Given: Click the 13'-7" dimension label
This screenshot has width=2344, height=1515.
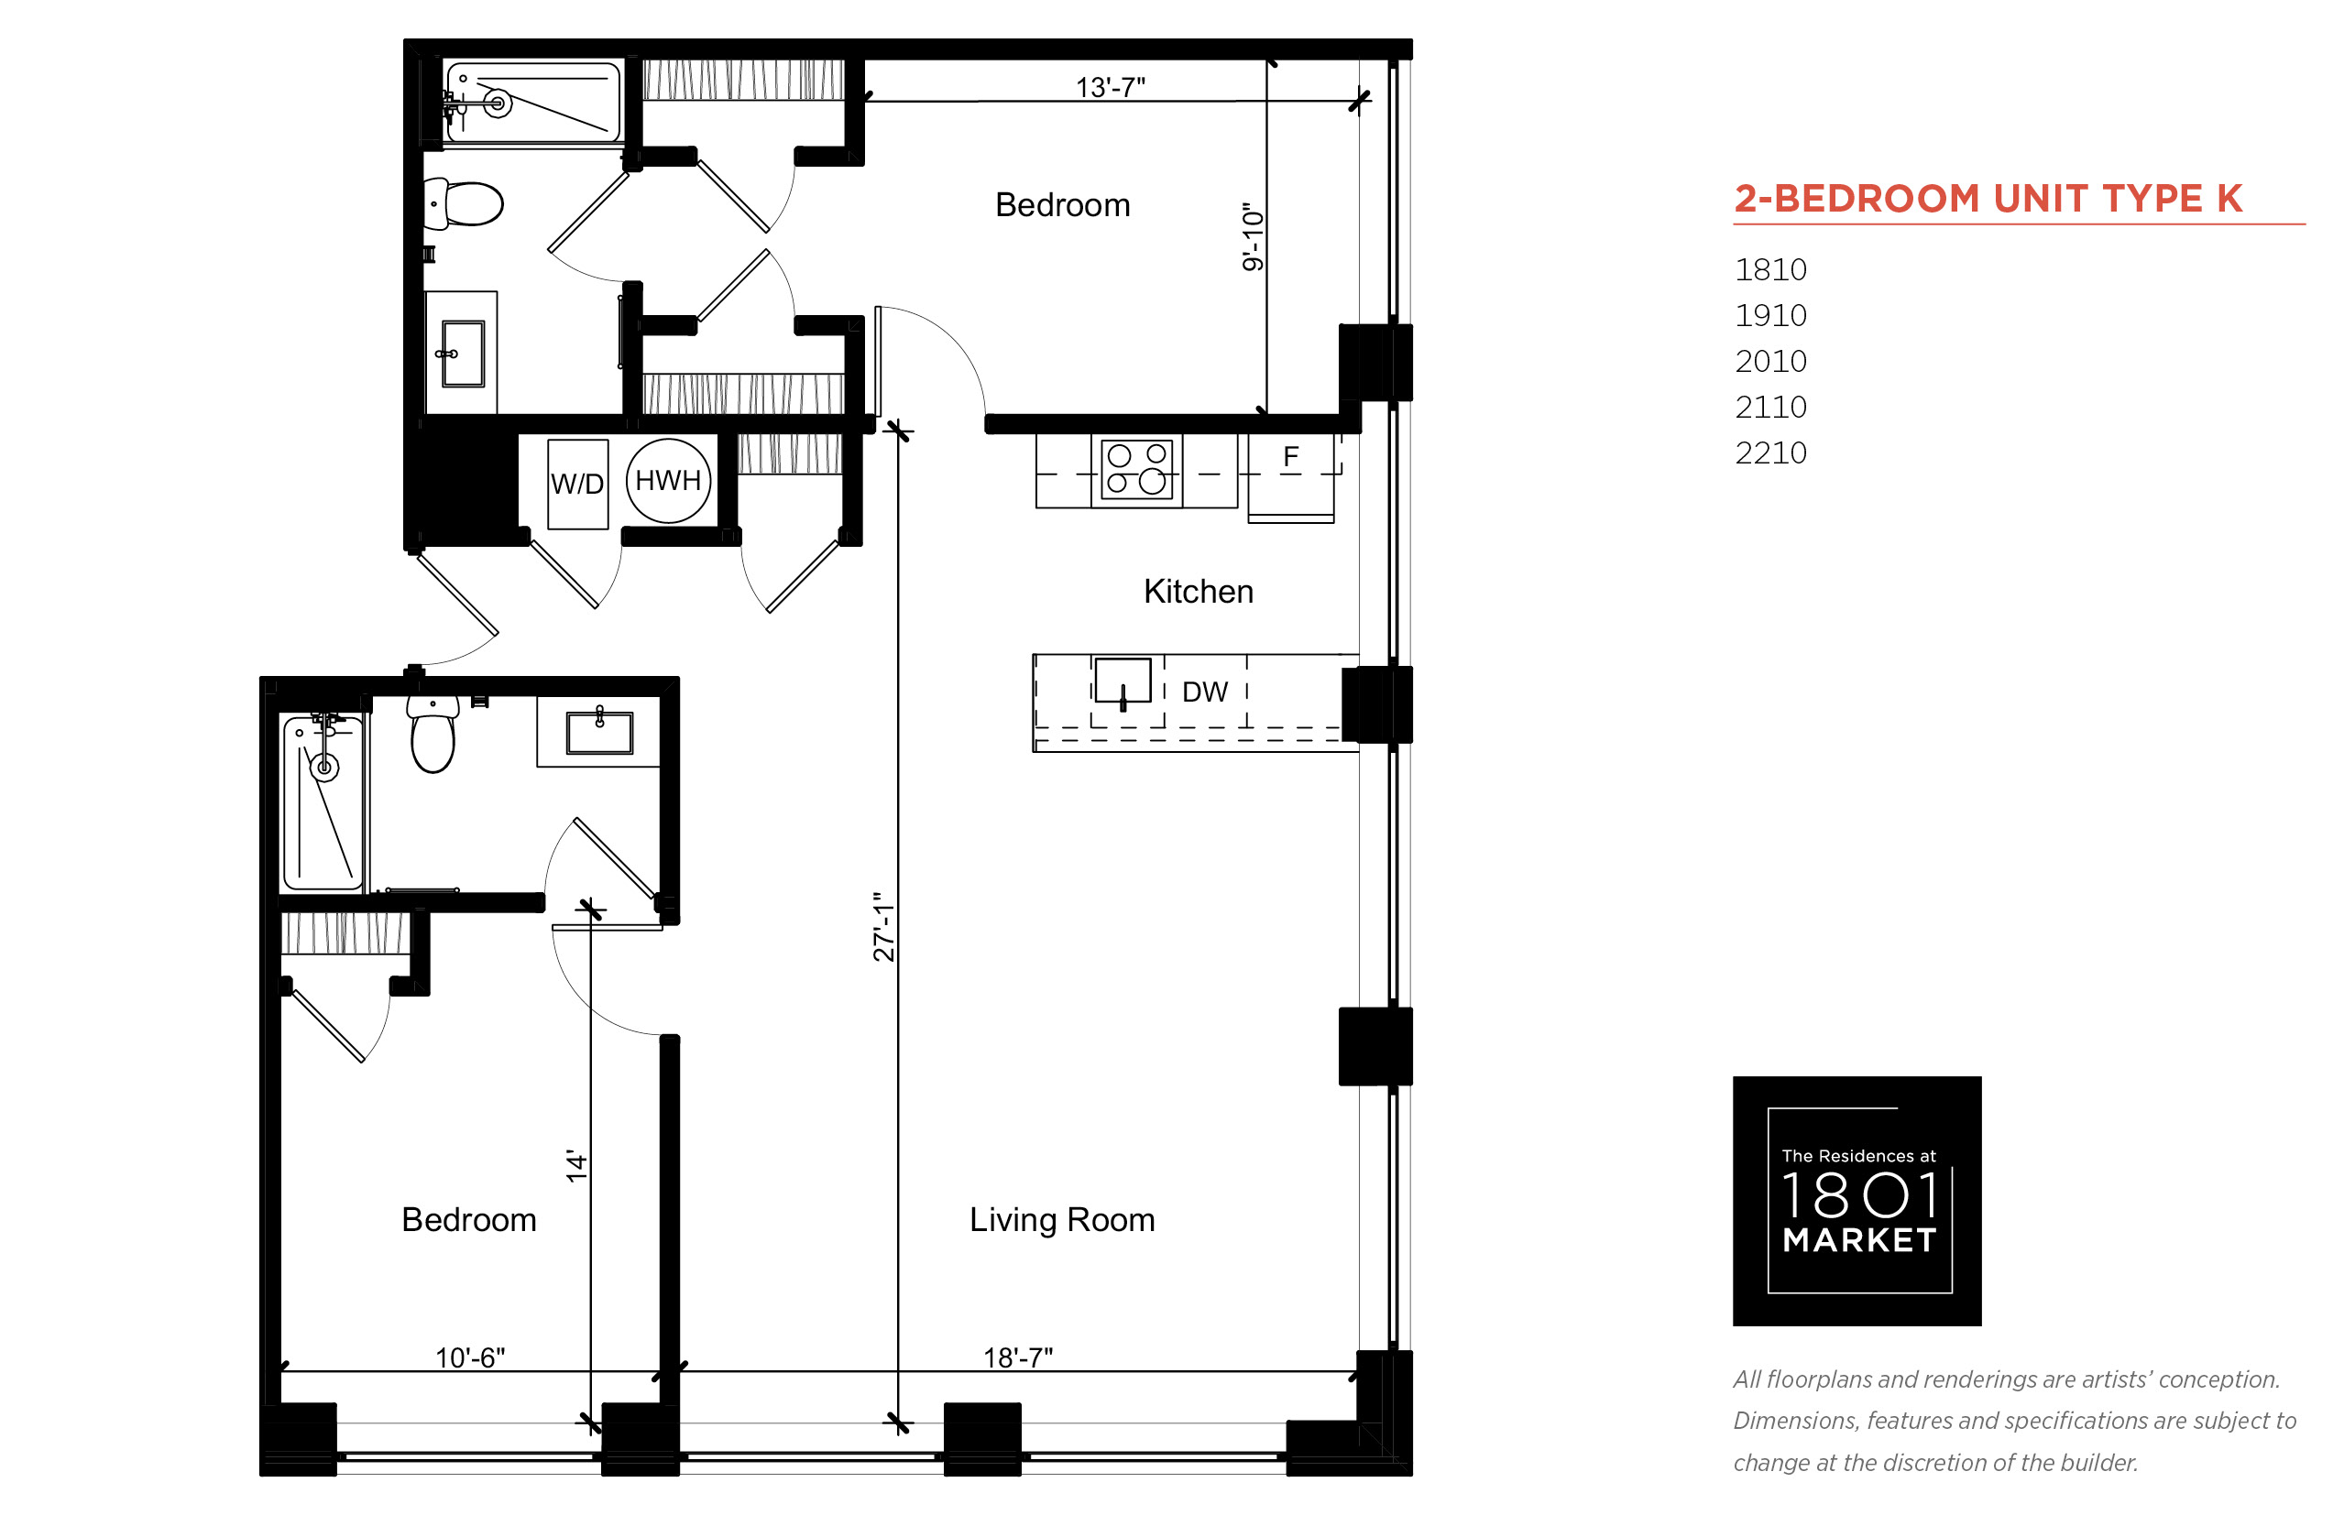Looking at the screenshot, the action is pos(1110,88).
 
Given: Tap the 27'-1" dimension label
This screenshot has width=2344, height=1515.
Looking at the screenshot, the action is pos(883,926).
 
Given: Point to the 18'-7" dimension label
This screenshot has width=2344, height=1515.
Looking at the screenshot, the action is pos(1017,1357).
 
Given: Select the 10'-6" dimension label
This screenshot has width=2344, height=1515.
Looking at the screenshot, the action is pos(469,1357).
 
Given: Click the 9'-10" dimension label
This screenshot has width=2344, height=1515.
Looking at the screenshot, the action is pos(1252,236).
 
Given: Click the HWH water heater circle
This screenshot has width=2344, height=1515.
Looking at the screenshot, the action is pos(668,480).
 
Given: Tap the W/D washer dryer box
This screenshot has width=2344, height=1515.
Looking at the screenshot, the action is pos(577,484).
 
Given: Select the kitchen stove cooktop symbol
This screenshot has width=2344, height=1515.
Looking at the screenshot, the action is pos(1136,469).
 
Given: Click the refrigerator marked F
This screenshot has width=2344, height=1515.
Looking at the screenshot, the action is pos(1291,480).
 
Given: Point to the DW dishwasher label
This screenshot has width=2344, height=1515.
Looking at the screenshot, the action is pos(1204,692).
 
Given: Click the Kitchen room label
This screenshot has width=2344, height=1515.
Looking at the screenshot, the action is pos(1198,591).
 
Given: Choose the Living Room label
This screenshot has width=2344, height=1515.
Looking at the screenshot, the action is pos(1062,1220).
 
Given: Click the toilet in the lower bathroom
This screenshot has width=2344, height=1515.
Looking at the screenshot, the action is pos(433,735).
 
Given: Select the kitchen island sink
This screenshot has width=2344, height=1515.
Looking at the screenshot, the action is pos(1123,681).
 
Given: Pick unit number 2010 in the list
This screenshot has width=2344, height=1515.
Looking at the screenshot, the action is pos(1770,361).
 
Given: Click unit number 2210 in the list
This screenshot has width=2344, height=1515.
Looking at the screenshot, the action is pos(1770,452).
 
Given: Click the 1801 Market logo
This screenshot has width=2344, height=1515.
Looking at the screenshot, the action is pos(1857,1201).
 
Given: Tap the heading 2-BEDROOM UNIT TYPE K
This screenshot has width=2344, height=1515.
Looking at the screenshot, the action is pos(1988,199).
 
